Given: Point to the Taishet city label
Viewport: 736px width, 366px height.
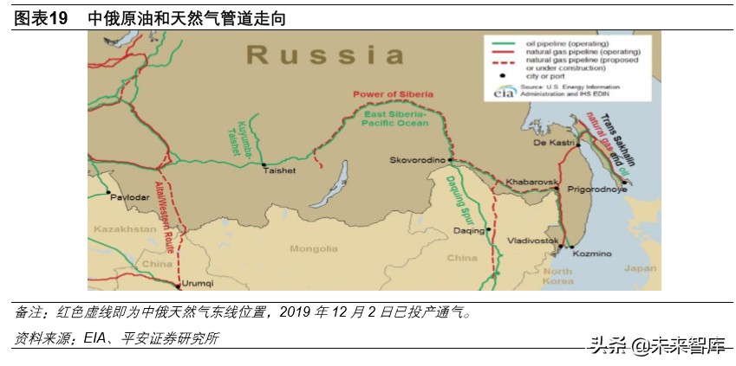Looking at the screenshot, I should tap(278, 170).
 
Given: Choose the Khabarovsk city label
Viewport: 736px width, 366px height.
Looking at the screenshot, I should tap(530, 183).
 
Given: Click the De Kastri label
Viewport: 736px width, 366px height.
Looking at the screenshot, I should tap(549, 142).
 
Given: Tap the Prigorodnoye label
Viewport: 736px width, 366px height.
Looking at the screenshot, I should tap(596, 188).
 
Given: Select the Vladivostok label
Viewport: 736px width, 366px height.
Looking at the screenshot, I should tap(531, 240).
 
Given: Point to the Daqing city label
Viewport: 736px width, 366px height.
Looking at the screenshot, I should tap(468, 230).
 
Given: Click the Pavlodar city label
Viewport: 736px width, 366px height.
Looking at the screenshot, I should tap(127, 196).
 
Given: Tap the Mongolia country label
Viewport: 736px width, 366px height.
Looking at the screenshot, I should tap(313, 248).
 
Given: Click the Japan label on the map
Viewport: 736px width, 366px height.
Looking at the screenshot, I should tap(640, 268).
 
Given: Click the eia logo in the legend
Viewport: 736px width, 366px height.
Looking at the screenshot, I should tap(504, 92).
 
